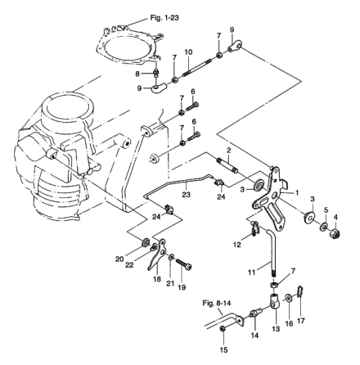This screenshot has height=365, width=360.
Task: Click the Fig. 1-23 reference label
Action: coord(164,18)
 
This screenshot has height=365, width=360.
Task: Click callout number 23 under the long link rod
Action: coord(187,195)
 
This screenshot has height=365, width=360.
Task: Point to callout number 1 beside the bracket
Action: coord(296,193)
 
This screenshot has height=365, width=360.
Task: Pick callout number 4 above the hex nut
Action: coord(335,218)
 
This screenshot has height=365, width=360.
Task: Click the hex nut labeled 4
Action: coord(335,233)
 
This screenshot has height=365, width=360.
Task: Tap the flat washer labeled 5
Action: coord(325,227)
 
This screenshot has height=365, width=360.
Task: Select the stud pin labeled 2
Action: coord(228,165)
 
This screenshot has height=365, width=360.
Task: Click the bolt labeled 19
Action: coord(183,264)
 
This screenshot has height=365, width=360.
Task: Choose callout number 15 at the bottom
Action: coord(223,349)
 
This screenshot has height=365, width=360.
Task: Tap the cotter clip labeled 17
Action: coord(299,292)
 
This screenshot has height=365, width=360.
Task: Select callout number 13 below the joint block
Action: coord(276,329)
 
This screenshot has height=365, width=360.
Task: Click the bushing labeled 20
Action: coord(145,242)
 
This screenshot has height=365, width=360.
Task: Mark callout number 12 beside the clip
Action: coord(237,245)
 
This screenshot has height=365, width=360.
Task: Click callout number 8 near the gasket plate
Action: coord(137,74)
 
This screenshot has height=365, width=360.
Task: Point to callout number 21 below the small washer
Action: coord(170,284)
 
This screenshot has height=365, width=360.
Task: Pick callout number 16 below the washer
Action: coord(289,323)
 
